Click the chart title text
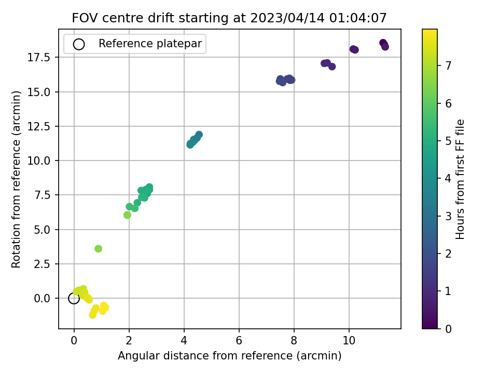229,18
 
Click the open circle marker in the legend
79,44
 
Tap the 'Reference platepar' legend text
150,44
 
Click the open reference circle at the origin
74,298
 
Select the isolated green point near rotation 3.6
99,249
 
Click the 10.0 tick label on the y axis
39,161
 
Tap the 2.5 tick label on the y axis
42,264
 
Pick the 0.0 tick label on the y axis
42,299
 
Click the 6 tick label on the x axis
239,341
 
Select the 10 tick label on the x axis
349,341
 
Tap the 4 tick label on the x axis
184,341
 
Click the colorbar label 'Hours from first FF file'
460,179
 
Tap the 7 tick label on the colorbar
448,66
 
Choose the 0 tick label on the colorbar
448,329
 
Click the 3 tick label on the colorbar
448,216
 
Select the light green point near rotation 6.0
127,215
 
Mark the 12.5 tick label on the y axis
39,127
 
